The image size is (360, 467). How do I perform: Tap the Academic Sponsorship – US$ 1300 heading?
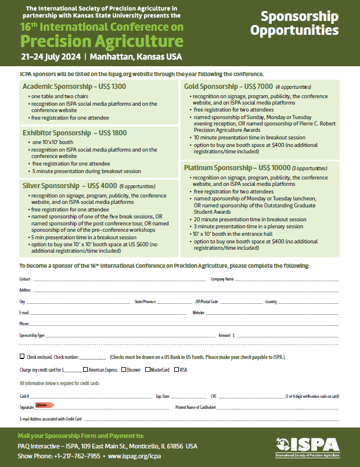click(74, 87)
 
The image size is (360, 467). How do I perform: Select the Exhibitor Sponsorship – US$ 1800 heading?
click(75, 133)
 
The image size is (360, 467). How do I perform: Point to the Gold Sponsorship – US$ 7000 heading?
click(228, 87)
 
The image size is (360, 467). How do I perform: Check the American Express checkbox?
click(86, 369)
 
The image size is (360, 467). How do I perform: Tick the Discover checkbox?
click(124, 369)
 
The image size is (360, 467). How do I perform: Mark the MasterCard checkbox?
click(147, 369)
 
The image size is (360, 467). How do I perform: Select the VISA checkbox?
click(177, 369)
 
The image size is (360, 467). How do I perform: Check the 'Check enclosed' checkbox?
click(22, 356)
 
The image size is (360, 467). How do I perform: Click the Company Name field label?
click(222, 279)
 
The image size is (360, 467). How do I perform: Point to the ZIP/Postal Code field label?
click(206, 302)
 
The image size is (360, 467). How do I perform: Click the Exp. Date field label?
click(163, 396)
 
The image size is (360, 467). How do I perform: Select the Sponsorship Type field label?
click(32, 336)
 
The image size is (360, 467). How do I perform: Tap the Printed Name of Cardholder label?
click(195, 408)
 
